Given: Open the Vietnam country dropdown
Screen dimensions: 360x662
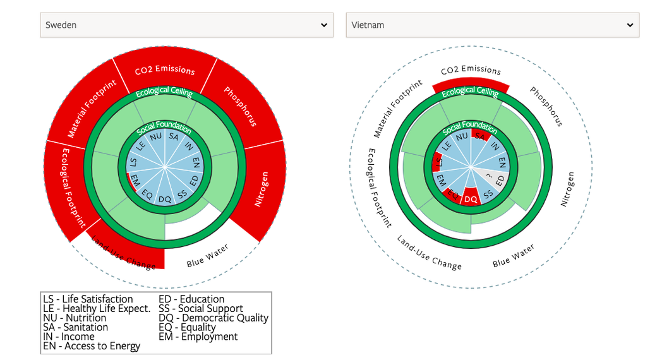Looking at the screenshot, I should click(492, 25).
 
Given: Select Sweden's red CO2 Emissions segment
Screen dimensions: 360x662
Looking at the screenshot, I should click(165, 69).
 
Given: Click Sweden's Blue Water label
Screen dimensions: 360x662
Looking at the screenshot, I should click(208, 255).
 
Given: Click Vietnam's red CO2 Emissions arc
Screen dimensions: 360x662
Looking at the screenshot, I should click(471, 85).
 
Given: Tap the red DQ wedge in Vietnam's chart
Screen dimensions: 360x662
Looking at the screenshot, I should click(471, 198).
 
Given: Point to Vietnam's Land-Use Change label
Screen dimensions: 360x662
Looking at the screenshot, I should click(429, 253).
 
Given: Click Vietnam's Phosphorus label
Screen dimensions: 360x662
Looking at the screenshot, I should click(546, 106).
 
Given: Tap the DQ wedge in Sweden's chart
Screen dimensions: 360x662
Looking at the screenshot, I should click(165, 198).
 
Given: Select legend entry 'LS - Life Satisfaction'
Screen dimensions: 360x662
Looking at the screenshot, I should click(88, 299).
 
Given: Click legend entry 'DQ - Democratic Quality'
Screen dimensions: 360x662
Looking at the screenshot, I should click(214, 318).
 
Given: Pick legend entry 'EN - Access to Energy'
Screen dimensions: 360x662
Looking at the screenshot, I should click(92, 346).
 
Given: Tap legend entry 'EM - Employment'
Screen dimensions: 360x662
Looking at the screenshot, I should click(198, 337).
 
